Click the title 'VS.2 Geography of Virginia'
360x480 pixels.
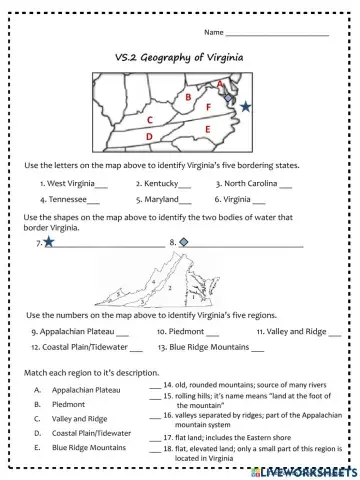point(180,60)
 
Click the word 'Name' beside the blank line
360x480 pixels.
point(211,33)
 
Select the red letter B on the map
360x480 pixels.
point(187,97)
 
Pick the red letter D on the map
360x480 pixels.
point(149,135)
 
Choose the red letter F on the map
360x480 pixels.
point(207,106)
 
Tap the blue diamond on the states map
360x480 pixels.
point(231,101)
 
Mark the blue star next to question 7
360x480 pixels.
point(48,242)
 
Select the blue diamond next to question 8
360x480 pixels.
point(183,242)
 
